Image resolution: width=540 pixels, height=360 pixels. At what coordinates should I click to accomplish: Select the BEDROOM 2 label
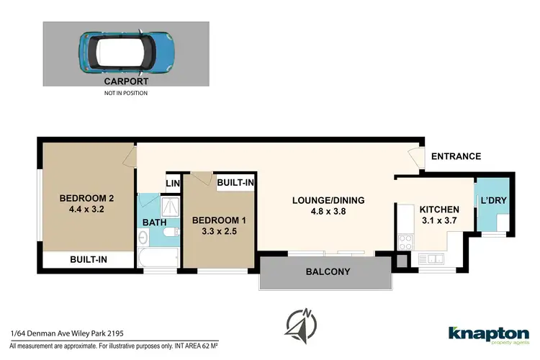pyautogui.click(x=86, y=199)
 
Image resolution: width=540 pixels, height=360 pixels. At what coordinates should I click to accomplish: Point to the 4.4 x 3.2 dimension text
pyautogui.click(x=86, y=211)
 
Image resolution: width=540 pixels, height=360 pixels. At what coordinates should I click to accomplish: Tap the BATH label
pyautogui.click(x=153, y=222)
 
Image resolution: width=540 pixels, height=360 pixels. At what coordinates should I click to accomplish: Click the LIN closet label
pyautogui.click(x=173, y=184)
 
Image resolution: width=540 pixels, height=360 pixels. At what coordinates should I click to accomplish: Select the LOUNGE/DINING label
pyautogui.click(x=328, y=200)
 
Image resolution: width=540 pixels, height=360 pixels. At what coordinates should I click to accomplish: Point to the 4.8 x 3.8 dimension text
pyautogui.click(x=328, y=212)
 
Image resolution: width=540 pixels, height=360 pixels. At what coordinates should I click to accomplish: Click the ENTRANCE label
pyautogui.click(x=456, y=156)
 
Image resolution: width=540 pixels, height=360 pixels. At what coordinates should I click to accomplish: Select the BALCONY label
pyautogui.click(x=328, y=271)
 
